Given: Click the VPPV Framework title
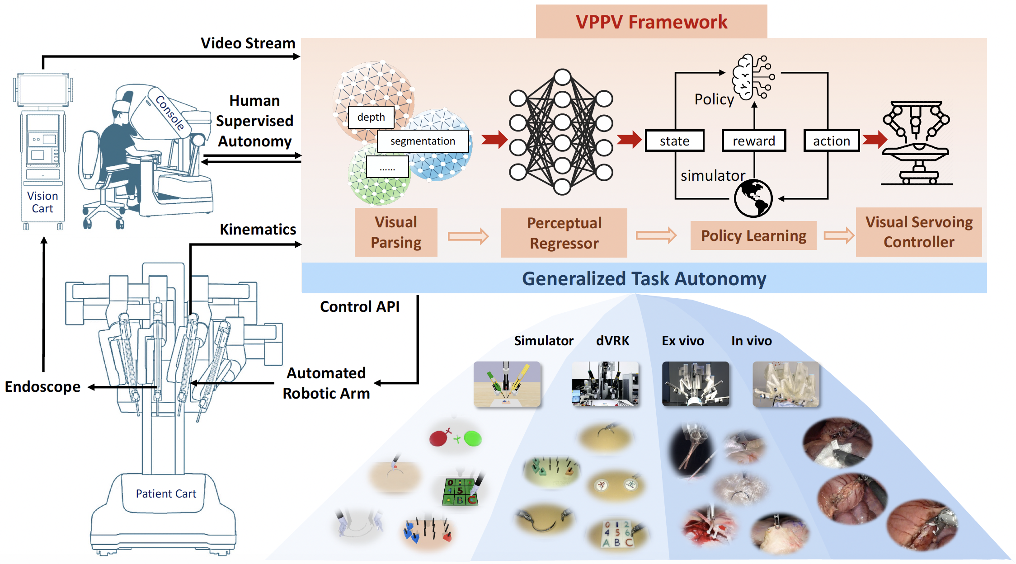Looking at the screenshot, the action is [651, 22].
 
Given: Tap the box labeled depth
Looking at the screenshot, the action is [371, 117].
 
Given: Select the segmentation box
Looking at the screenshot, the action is [423, 141].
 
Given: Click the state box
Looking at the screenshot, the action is [674, 141].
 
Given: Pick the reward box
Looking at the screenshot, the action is [754, 141].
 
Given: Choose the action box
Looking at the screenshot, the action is [832, 141].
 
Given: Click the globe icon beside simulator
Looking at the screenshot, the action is [753, 198].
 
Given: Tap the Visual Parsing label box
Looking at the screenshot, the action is [396, 232].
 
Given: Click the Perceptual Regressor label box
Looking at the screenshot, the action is [564, 233].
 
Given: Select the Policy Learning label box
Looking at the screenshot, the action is [753, 235].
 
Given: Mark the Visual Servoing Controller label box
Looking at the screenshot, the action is [919, 232].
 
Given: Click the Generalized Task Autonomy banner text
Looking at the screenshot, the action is [644, 278].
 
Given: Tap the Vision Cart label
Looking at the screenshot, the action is [42, 202].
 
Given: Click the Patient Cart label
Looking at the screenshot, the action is [166, 493].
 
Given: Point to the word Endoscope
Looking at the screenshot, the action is [42, 387].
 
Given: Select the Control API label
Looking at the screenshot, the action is [360, 306].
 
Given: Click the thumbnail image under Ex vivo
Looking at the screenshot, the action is [696, 384].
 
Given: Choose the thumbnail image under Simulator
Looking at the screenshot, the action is [507, 384].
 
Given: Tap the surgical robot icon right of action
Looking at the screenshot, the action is [917, 143].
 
